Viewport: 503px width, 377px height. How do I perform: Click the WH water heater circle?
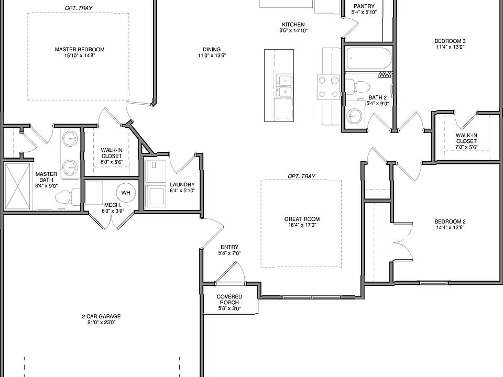pyautogui.click(x=126, y=193)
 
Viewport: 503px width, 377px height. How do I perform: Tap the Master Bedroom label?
pyautogui.click(x=79, y=50)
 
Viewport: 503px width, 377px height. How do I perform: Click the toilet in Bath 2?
pyautogui.click(x=358, y=85)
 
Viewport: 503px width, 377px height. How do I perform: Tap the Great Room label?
pyautogui.click(x=301, y=219)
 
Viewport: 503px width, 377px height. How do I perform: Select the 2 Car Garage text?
pyautogui.click(x=101, y=316)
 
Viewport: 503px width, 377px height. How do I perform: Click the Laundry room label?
pyautogui.click(x=182, y=185)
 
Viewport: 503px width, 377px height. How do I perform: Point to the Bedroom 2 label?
pyautogui.click(x=450, y=221)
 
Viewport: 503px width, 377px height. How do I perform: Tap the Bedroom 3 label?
pyautogui.click(x=450, y=41)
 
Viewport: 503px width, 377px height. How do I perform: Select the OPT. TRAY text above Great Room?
pyautogui.click(x=301, y=176)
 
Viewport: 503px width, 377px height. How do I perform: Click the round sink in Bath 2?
pyautogui.click(x=355, y=116)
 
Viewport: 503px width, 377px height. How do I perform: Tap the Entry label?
pyautogui.click(x=229, y=247)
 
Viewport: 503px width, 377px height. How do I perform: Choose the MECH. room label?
pyautogui.click(x=113, y=205)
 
